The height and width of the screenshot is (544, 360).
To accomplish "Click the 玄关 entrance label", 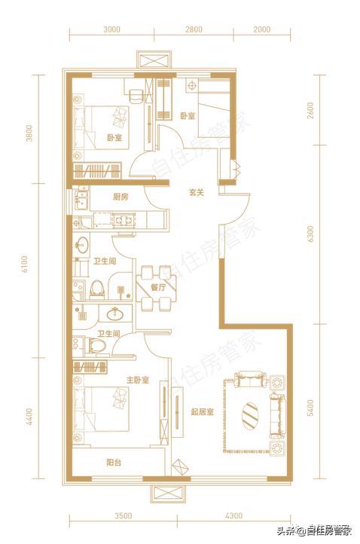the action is click(x=197, y=192).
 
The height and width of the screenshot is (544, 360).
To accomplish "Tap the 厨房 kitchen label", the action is click(x=121, y=197).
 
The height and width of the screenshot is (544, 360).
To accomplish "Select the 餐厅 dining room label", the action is click(x=158, y=287).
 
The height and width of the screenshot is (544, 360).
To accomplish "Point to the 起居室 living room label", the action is click(x=202, y=412).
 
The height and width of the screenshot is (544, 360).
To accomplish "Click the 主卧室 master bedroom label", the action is click(x=137, y=380).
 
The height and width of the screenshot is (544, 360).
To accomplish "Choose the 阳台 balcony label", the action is click(x=114, y=463).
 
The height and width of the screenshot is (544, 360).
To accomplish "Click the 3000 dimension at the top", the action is click(x=111, y=29).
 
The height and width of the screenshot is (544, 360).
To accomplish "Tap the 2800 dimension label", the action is click(x=194, y=29).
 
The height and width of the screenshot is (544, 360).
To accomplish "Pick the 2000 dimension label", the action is click(x=262, y=29).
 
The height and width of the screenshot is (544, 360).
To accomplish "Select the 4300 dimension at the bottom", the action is click(x=233, y=516).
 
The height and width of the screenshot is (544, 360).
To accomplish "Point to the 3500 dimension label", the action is click(x=123, y=516).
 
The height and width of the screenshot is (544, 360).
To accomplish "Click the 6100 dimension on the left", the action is click(x=24, y=264).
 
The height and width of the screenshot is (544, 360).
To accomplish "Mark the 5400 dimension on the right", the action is click(x=310, y=408).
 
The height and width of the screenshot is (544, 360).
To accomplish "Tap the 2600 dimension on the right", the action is click(x=310, y=110).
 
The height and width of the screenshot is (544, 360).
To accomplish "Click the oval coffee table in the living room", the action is click(x=250, y=415).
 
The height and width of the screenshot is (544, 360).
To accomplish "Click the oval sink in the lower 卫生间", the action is click(x=114, y=313).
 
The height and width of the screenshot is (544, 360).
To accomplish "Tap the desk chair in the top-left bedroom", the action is click(x=136, y=95).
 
